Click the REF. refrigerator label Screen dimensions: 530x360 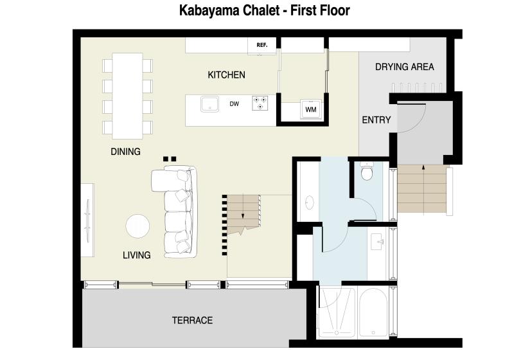(x=262, y=45)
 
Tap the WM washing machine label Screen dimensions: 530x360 (x=311, y=109)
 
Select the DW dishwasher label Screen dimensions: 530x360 (x=234, y=104)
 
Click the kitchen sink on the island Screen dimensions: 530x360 (x=209, y=104)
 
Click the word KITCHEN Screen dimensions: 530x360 (x=227, y=75)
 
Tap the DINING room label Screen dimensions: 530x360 (x=125, y=152)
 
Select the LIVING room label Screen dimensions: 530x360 (x=137, y=255)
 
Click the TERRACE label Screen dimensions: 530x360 (x=192, y=320)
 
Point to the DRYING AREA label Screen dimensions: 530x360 (x=405, y=67)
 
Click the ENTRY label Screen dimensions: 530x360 (x=376, y=120)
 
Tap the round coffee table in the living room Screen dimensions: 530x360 (x=137, y=226)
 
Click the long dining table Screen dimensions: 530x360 (x=127, y=96)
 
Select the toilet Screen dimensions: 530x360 (x=367, y=170)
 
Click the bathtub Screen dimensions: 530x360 (x=373, y=312)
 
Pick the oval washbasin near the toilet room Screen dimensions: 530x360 (x=309, y=203)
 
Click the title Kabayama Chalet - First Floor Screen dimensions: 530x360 (x=264, y=10)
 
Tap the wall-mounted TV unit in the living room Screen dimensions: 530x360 (x=87, y=221)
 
